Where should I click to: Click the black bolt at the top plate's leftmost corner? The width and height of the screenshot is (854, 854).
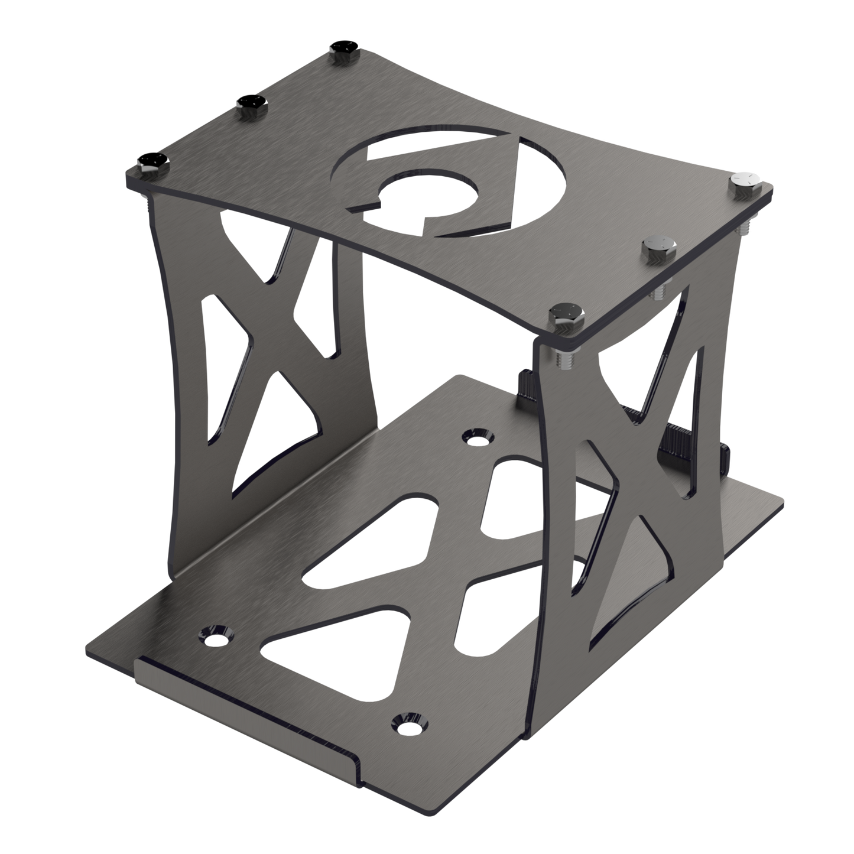coord(152,164)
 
